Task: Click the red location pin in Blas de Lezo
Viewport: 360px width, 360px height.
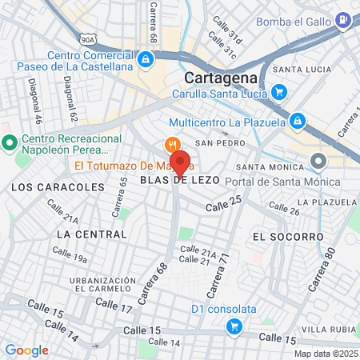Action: (x=180, y=162)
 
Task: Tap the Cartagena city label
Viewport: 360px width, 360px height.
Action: (x=220, y=78)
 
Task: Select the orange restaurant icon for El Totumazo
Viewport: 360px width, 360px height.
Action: (x=171, y=145)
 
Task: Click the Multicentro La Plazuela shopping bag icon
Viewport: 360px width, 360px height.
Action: (x=296, y=120)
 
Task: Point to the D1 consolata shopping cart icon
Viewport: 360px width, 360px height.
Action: (x=234, y=326)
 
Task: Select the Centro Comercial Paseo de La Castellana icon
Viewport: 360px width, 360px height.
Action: (x=146, y=58)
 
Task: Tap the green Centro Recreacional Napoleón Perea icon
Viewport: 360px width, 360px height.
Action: (x=10, y=144)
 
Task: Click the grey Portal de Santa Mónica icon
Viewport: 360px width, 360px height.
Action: (x=318, y=162)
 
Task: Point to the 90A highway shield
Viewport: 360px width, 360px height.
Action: (x=87, y=37)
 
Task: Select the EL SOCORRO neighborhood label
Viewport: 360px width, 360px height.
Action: (x=287, y=237)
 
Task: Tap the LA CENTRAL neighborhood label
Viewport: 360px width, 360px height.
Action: (x=92, y=234)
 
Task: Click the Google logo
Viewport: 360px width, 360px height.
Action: (x=26, y=350)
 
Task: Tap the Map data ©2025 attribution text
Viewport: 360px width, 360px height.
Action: (x=325, y=354)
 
